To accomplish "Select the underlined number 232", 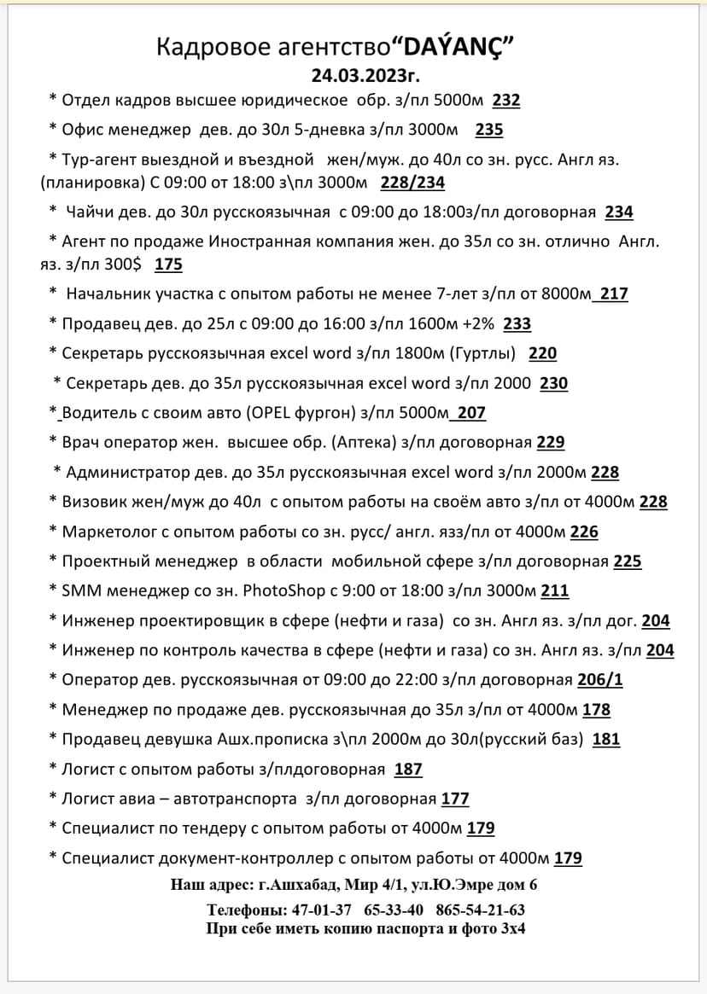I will click(x=506, y=101).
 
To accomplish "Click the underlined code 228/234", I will click(x=412, y=183).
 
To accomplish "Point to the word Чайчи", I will click(x=92, y=212).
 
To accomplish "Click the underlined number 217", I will click(x=613, y=294).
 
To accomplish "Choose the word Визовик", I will click(x=95, y=502).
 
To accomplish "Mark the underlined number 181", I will click(x=605, y=739).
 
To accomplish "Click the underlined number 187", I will click(x=408, y=769).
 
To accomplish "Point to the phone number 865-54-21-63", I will click(x=480, y=910).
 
